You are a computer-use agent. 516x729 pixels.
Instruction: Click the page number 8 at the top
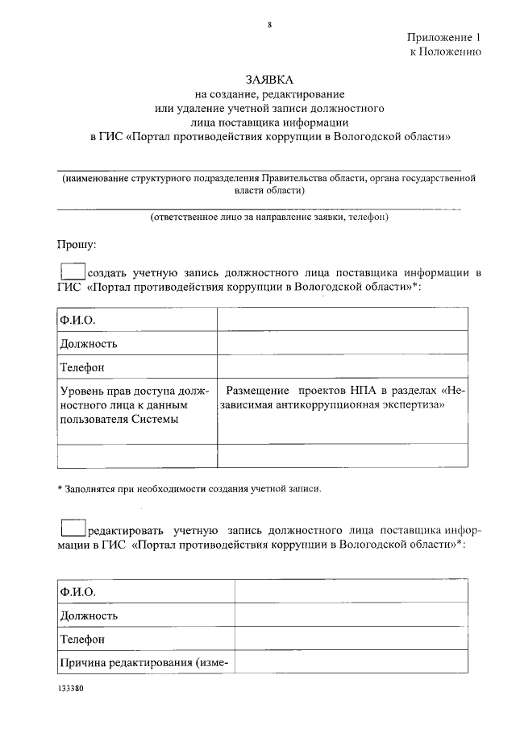coord(270,25)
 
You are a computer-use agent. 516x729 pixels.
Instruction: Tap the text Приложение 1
coord(443,37)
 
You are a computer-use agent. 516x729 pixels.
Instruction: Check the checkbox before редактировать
coord(73,528)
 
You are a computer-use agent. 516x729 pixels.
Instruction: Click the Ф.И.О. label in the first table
coord(76,321)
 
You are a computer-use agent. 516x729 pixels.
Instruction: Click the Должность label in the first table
coord(89,344)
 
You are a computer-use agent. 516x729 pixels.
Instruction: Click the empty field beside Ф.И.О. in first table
coord(342,320)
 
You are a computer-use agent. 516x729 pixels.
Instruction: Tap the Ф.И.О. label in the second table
coord(76,592)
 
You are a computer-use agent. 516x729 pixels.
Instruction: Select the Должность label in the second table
coord(89,615)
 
